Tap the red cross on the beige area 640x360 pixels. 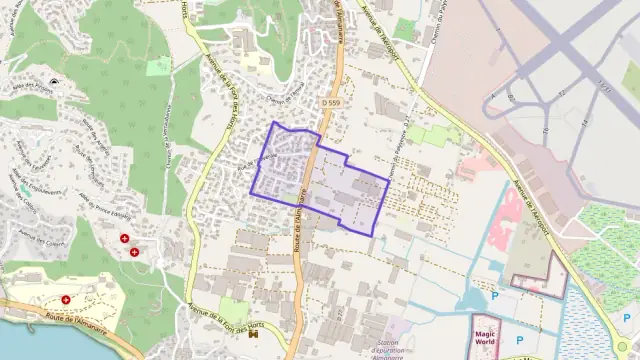[x=66, y=299]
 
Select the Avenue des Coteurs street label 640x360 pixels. [x=39, y=237]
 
